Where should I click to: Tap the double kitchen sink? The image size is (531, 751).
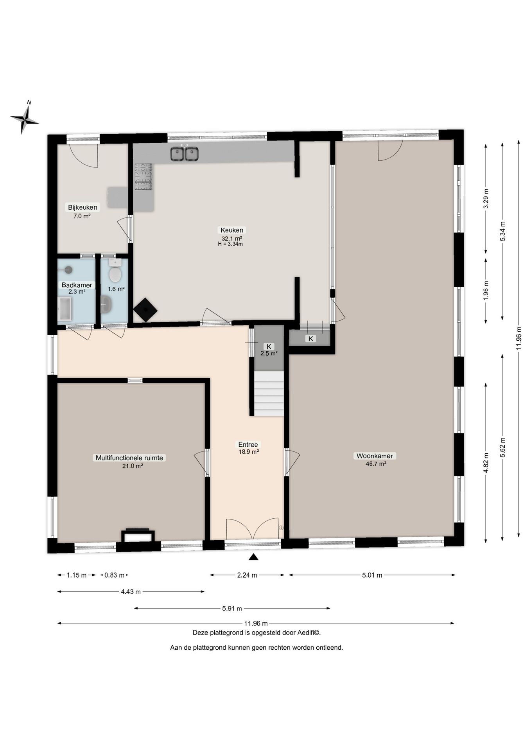click(x=184, y=154)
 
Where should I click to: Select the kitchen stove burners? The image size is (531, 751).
click(x=143, y=177)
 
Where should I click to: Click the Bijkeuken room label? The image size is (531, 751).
click(x=83, y=207)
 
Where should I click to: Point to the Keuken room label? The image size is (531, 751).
click(x=232, y=230)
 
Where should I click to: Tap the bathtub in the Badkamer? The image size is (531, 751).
click(x=65, y=309)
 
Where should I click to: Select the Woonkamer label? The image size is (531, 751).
click(x=375, y=456)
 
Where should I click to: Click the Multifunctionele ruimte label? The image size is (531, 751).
click(x=129, y=458)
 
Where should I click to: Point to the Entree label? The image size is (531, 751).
click(x=248, y=444)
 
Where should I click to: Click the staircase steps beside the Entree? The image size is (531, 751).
click(x=269, y=393)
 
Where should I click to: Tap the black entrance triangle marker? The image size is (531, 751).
click(x=254, y=557)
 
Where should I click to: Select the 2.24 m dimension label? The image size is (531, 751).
click(x=247, y=575)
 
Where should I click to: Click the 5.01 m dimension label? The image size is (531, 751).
click(x=372, y=575)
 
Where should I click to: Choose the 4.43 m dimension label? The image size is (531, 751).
click(x=131, y=592)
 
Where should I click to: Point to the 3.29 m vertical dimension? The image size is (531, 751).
click(x=486, y=199)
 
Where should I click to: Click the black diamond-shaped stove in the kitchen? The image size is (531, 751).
click(x=145, y=310)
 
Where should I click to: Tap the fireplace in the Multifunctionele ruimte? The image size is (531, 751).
click(x=138, y=536)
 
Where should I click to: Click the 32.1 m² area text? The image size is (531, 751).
click(x=232, y=238)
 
